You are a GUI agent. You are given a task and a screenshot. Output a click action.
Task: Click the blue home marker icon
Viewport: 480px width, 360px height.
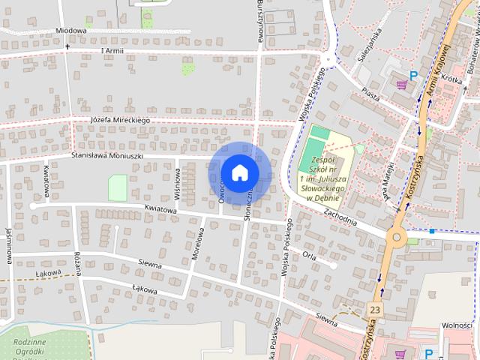click(x=239, y=172)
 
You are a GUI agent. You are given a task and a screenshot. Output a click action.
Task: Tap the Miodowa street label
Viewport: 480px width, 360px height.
click(x=71, y=31)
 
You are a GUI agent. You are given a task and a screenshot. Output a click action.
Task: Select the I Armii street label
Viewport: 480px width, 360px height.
click(x=112, y=50)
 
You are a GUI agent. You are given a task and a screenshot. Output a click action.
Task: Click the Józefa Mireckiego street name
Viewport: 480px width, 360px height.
click(x=121, y=119)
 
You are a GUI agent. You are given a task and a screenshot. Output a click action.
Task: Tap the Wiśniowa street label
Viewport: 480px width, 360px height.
click(x=178, y=182)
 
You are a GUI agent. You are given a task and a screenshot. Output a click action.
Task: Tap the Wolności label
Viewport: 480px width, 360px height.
click(x=456, y=325)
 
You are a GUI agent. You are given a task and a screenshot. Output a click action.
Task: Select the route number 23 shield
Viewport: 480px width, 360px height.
click(x=375, y=309)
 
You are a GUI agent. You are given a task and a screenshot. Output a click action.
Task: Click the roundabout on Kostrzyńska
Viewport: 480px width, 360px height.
click(x=396, y=238)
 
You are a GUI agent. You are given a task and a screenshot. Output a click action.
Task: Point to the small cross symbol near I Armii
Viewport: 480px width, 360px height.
click(x=67, y=47)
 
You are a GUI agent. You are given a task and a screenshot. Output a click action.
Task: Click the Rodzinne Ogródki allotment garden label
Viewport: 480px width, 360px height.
click(x=31, y=346)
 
